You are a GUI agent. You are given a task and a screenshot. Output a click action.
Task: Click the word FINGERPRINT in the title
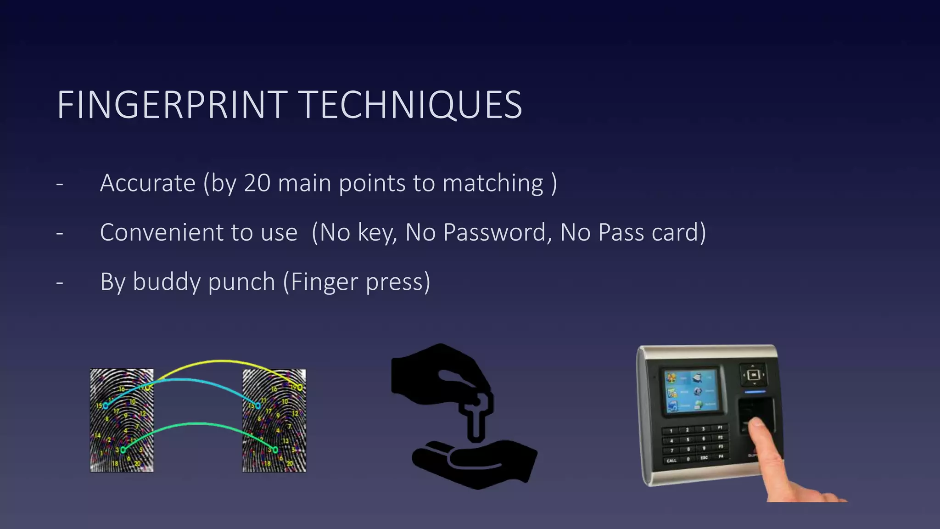coord(172,105)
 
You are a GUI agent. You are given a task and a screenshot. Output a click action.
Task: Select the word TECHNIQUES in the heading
coord(412,105)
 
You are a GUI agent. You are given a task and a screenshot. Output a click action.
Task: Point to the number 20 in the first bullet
coord(257,183)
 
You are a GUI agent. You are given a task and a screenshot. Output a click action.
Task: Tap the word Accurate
coord(148,183)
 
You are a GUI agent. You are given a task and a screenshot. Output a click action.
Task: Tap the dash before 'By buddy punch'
coord(60,282)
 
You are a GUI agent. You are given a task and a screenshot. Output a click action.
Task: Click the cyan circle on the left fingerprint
coord(106,405)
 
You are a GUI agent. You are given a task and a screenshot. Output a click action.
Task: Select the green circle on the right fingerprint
coord(275,450)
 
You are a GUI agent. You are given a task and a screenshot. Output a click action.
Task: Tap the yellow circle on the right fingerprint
coord(300,388)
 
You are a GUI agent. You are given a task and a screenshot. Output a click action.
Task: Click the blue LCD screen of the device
coord(691,391)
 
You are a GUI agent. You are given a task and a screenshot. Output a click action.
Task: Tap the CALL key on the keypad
coord(671,460)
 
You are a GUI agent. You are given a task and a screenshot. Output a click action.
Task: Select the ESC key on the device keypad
coord(704,457)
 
